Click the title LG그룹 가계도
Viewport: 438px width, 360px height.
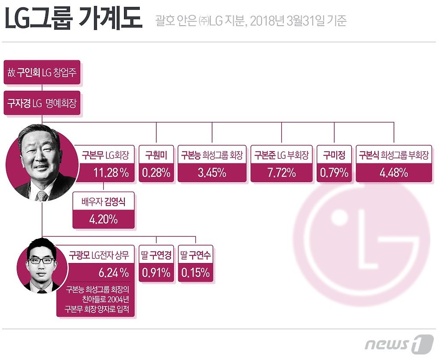click(x=73, y=20)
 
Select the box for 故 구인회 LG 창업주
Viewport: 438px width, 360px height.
click(x=42, y=72)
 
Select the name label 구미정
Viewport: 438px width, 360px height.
click(x=334, y=155)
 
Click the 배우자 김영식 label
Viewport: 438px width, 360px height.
click(x=103, y=201)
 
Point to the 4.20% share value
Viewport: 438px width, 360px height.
click(x=103, y=219)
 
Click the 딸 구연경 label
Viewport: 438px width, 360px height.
click(x=156, y=254)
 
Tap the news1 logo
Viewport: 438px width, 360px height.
click(x=399, y=343)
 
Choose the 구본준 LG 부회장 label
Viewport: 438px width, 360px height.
click(x=282, y=155)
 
